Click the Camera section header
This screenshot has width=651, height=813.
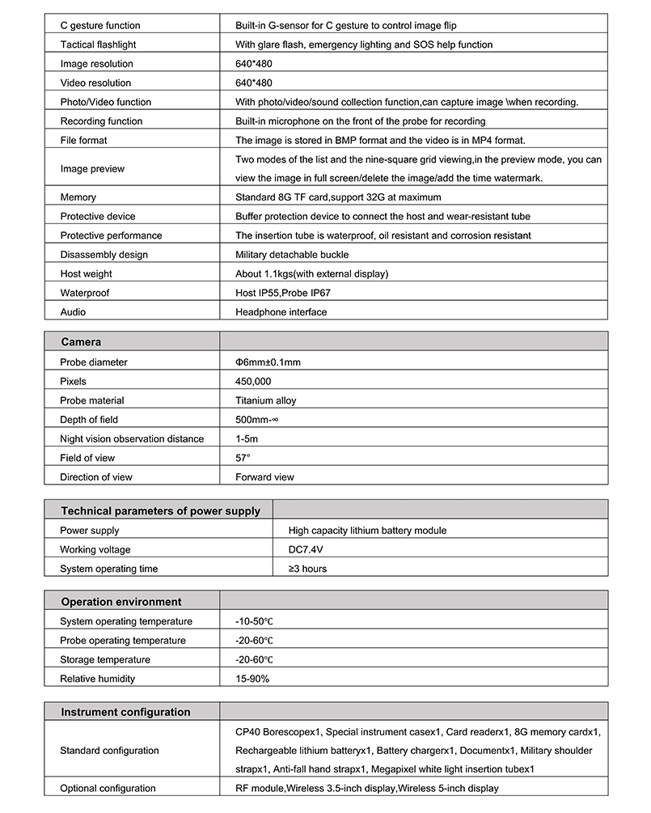(x=81, y=342)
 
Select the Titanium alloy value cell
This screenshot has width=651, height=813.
(x=265, y=400)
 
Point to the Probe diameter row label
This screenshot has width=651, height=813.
(x=94, y=362)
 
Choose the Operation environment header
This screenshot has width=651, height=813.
(x=121, y=602)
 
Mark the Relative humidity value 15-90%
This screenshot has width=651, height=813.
(x=252, y=679)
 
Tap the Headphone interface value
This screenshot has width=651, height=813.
(x=281, y=312)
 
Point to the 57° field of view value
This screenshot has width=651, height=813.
(x=243, y=458)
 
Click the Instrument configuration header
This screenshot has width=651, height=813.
(x=126, y=712)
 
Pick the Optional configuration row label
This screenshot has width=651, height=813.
(x=108, y=788)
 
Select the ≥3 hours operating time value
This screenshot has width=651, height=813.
(x=308, y=569)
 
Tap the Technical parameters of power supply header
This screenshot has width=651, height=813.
(x=161, y=510)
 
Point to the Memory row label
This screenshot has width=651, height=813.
(x=78, y=197)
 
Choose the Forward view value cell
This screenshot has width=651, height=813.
(x=264, y=477)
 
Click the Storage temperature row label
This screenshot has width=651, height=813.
(x=105, y=659)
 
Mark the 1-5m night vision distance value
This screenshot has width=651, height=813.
(x=247, y=438)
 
